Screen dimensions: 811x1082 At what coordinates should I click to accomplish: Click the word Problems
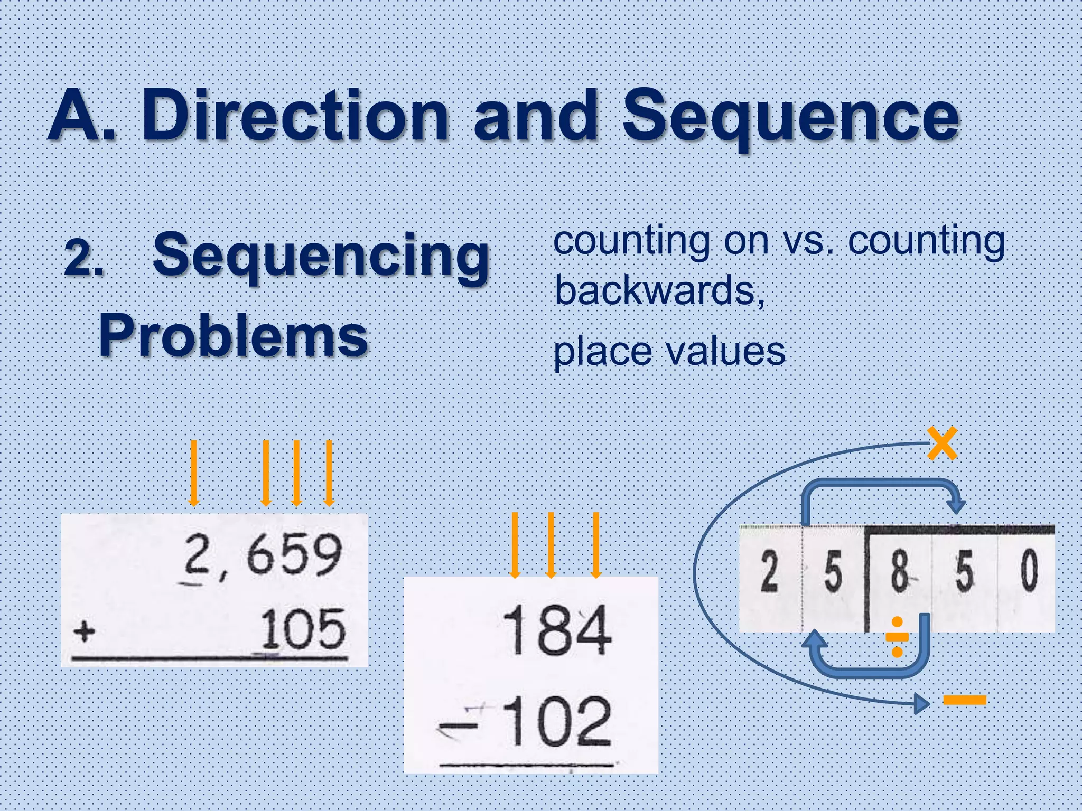233,336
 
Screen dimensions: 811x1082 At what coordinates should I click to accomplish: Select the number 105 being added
303,629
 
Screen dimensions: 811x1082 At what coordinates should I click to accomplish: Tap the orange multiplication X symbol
942,444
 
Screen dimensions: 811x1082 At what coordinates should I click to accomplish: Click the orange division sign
897,637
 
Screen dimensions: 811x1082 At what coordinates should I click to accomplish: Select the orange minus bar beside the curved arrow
964,700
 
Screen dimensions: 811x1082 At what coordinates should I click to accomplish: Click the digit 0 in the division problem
1029,571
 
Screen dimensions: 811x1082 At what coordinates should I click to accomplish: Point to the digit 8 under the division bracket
900,572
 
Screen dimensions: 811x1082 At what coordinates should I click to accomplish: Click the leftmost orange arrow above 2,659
194,473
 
